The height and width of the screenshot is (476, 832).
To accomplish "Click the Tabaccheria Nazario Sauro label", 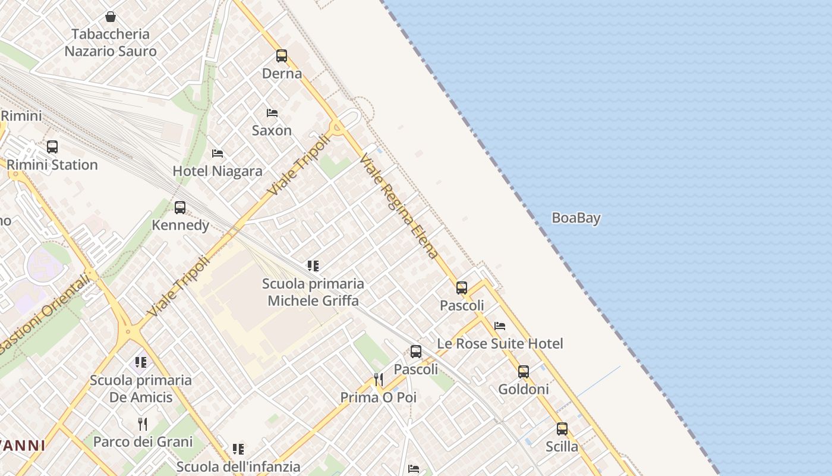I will [x=111, y=42].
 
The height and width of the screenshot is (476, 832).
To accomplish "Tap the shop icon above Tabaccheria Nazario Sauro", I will [x=110, y=17].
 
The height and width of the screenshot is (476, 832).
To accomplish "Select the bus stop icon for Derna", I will [x=282, y=56].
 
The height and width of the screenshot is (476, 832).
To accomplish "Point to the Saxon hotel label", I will [x=272, y=130].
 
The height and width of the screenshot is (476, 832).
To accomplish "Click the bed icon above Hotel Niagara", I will [x=218, y=154].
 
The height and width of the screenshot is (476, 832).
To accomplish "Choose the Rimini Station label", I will [x=52, y=165].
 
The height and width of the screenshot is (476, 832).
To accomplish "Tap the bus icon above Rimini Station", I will [x=52, y=146].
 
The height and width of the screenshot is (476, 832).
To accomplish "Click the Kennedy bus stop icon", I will [x=180, y=208].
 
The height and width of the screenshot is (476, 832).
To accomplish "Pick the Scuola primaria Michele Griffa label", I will [x=313, y=292].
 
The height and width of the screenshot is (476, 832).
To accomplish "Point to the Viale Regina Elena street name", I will [x=399, y=206].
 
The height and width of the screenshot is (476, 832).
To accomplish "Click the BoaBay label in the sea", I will [x=576, y=218].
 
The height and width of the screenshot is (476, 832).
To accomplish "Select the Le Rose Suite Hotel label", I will [x=500, y=343].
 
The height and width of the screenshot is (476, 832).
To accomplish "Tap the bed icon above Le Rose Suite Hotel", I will [x=500, y=326].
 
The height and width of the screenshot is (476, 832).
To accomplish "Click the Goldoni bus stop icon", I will [x=524, y=372].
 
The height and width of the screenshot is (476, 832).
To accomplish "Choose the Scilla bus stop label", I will [x=562, y=446].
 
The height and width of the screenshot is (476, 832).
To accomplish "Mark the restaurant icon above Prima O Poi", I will [x=378, y=380].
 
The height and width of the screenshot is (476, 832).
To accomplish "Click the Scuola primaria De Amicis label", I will [x=141, y=389].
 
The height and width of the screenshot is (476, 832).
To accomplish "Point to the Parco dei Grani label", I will [x=143, y=441].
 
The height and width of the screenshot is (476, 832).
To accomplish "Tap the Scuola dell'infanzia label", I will [x=238, y=466].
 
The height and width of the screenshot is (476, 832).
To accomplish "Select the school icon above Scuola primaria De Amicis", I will [x=141, y=362].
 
